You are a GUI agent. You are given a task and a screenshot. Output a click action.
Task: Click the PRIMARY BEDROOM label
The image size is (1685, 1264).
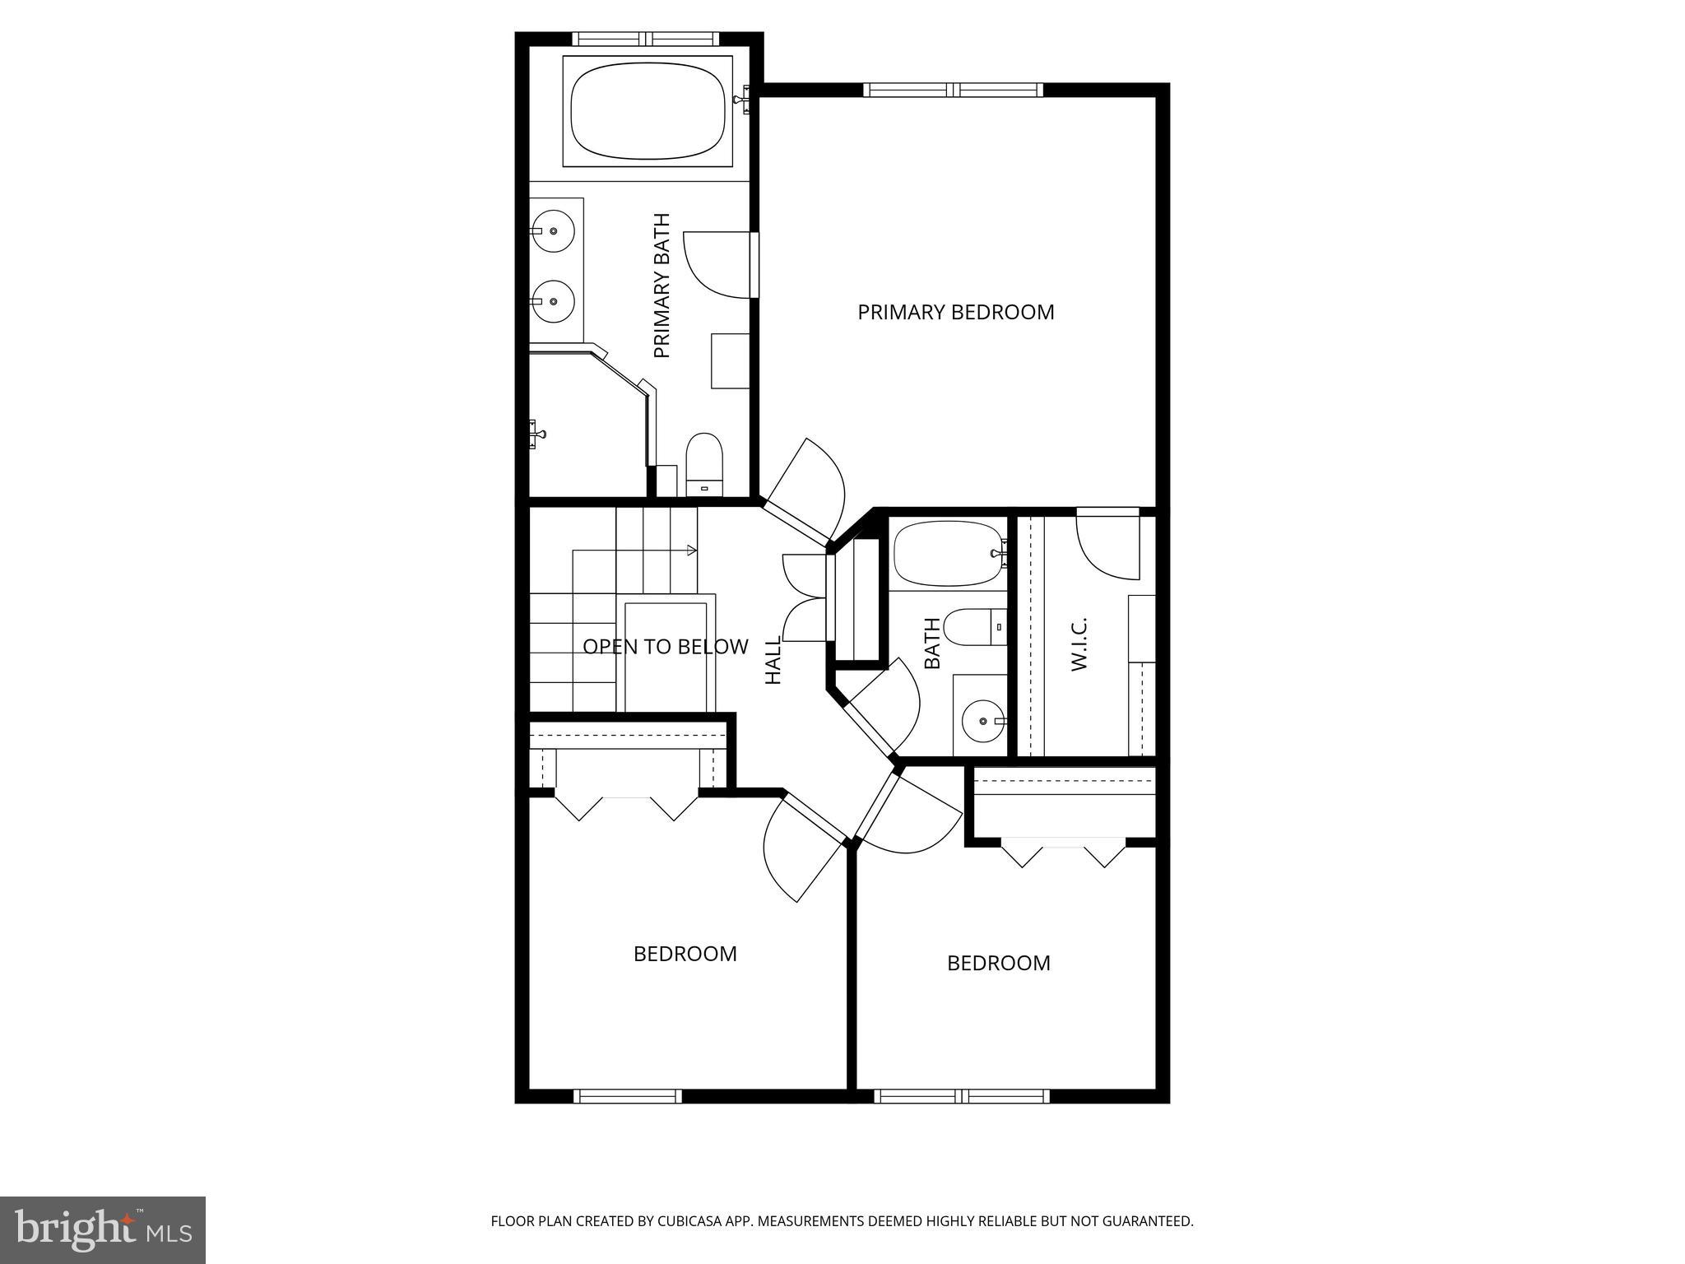(x=955, y=313)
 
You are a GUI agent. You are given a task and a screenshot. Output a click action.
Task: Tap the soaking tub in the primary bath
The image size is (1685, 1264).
(x=648, y=112)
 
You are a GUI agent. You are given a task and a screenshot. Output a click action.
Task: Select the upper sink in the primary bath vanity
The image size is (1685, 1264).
(x=553, y=232)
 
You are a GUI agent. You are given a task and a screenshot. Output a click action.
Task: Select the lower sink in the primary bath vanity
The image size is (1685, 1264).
(x=553, y=301)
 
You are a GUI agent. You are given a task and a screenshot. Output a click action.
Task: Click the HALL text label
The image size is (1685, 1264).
(x=773, y=659)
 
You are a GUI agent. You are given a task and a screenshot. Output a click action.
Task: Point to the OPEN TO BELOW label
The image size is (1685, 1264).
(x=665, y=647)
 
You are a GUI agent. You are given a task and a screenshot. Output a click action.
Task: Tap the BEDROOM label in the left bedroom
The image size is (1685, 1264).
(x=685, y=954)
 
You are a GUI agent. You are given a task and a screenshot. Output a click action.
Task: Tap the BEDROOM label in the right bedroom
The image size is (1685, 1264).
(x=998, y=964)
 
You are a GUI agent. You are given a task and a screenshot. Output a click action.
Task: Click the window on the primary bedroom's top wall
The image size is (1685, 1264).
(x=953, y=90)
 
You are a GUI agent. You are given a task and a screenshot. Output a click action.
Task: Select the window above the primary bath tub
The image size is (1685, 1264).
(x=646, y=39)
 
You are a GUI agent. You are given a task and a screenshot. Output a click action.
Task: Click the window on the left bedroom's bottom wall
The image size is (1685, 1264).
(x=628, y=1096)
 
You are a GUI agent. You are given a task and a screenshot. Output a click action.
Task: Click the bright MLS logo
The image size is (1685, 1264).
(x=103, y=1229)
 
